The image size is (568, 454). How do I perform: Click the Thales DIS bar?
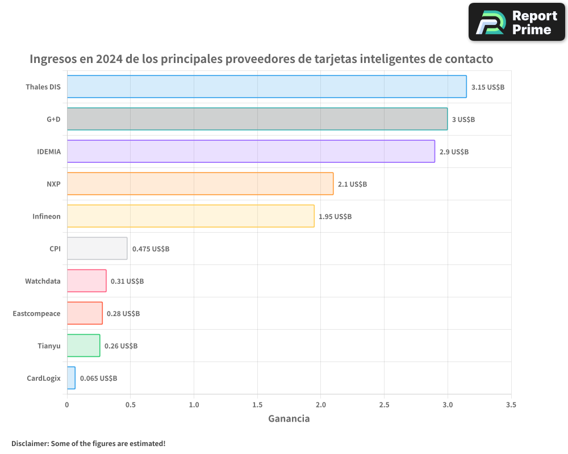click(x=266, y=87)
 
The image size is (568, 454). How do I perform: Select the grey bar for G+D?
click(x=257, y=119)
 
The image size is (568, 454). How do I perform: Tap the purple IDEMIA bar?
click(x=250, y=152)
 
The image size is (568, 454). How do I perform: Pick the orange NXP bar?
click(x=200, y=184)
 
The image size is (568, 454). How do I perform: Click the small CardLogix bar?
click(x=71, y=378)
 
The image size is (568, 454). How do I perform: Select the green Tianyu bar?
click(x=83, y=346)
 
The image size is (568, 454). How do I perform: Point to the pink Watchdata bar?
click(x=86, y=281)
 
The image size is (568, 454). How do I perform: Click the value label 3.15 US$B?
click(x=487, y=87)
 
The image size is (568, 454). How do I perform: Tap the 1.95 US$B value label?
click(x=335, y=217)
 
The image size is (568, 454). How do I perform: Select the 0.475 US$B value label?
click(x=151, y=249)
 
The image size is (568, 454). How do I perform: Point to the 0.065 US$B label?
click(x=98, y=379)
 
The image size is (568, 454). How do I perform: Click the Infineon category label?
click(x=46, y=216)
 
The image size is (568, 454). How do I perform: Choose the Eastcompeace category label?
click(x=36, y=313)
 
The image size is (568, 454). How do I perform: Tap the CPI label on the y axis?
click(x=55, y=249)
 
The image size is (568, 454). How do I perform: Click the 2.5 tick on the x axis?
click(x=384, y=405)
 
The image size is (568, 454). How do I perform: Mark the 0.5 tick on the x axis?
click(x=131, y=405)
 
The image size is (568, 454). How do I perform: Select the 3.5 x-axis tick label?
click(x=511, y=405)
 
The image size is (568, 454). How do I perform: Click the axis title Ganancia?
click(x=289, y=419)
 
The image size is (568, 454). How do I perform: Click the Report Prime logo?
click(x=516, y=22)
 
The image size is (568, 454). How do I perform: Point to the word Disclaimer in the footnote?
click(x=30, y=443)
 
